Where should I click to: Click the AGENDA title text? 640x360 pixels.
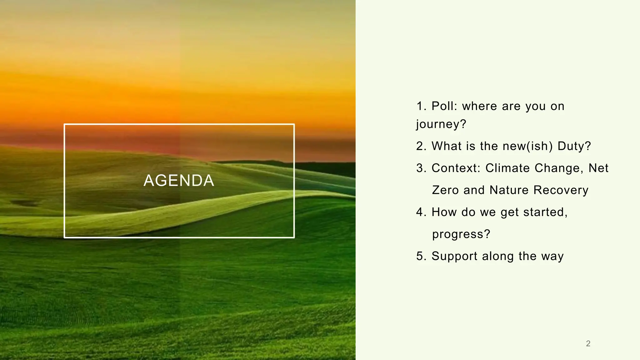[179, 181]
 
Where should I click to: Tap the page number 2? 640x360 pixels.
[588, 343]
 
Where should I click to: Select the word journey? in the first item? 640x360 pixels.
[441, 124]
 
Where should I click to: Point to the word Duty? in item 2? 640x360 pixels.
[574, 146]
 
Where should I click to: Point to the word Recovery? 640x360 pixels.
[561, 190]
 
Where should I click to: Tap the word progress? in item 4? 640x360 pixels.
[461, 234]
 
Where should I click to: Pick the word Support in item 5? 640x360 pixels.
[454, 256]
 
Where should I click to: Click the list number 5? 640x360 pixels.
[421, 256]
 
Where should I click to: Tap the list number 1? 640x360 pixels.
[421, 106]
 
